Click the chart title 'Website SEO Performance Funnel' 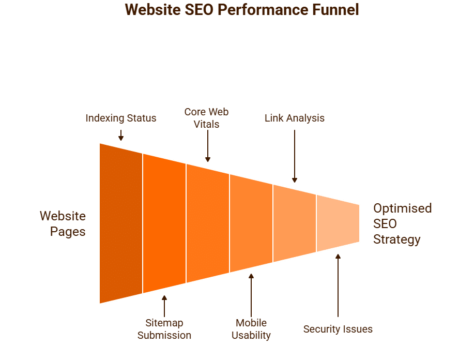pyautogui.click(x=242, y=10)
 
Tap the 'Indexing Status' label pyautogui.click(x=121, y=118)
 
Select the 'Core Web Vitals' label pyautogui.click(x=207, y=118)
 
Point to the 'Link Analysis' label pyautogui.click(x=295, y=118)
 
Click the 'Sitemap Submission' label pyautogui.click(x=164, y=329)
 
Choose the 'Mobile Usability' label pyautogui.click(x=251, y=329)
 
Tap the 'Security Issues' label pyautogui.click(x=338, y=329)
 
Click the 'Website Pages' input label pyautogui.click(x=63, y=223)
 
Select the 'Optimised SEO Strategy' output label pyautogui.click(x=403, y=223)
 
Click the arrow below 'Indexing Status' pyautogui.click(x=121, y=136)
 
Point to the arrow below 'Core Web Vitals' pyautogui.click(x=208, y=146)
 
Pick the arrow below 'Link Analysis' pyautogui.click(x=295, y=156)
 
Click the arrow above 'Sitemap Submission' pyautogui.click(x=164, y=306)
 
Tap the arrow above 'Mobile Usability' pyautogui.click(x=251, y=295)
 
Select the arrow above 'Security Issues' pyautogui.click(x=338, y=286)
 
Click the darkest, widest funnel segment pyautogui.click(x=121, y=223)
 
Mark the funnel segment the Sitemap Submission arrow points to pyautogui.click(x=164, y=223)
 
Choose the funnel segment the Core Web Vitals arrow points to pyautogui.click(x=208, y=223)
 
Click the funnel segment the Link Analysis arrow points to pyautogui.click(x=295, y=223)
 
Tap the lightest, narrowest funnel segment pyautogui.click(x=338, y=223)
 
